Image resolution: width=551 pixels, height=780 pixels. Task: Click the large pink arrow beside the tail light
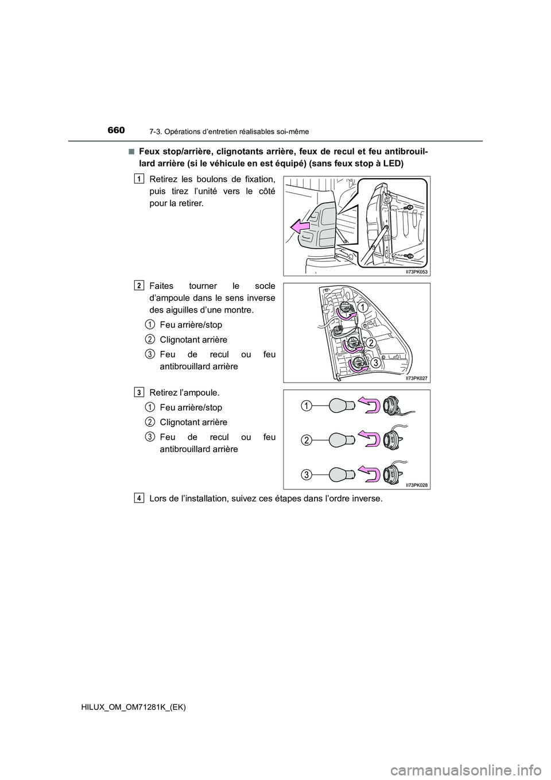301,229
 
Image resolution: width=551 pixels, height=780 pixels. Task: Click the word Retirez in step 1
162,180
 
